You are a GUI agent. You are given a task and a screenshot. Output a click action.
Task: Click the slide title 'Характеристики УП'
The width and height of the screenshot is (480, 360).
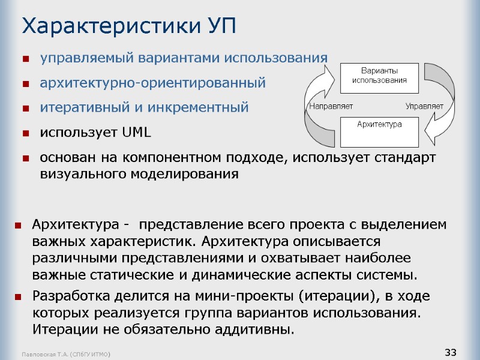[x=129, y=26]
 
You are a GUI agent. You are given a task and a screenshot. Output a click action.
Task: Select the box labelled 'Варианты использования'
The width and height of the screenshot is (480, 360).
[x=379, y=75]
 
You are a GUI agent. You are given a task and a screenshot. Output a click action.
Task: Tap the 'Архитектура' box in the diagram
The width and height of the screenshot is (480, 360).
[x=379, y=130]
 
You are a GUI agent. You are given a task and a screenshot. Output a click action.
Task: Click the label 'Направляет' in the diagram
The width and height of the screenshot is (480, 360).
[x=331, y=106]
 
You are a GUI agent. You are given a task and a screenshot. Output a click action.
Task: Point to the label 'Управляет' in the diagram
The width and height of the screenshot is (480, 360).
[x=424, y=106]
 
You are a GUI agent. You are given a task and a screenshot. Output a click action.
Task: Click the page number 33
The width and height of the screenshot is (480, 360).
[x=451, y=351]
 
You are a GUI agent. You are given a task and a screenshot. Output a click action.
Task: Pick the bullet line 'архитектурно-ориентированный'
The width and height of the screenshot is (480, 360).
[x=152, y=83]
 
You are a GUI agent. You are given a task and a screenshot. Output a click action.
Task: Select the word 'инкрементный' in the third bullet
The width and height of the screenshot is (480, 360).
[x=208, y=108]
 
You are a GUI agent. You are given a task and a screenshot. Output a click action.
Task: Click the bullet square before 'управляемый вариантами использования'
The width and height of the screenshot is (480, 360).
[x=26, y=59]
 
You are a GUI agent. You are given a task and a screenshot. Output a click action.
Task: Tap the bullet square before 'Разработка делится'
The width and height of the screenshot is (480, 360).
[x=19, y=297]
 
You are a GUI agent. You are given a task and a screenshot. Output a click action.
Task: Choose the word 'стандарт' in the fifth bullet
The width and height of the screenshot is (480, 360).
[x=407, y=157]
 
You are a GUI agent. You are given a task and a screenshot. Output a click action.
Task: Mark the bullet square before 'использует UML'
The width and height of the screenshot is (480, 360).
[x=26, y=133]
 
